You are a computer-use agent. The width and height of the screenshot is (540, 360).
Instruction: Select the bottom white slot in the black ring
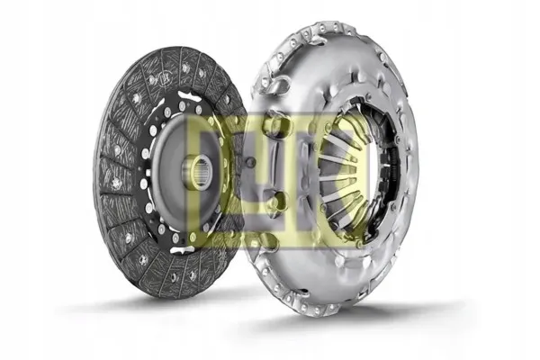[182, 249]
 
